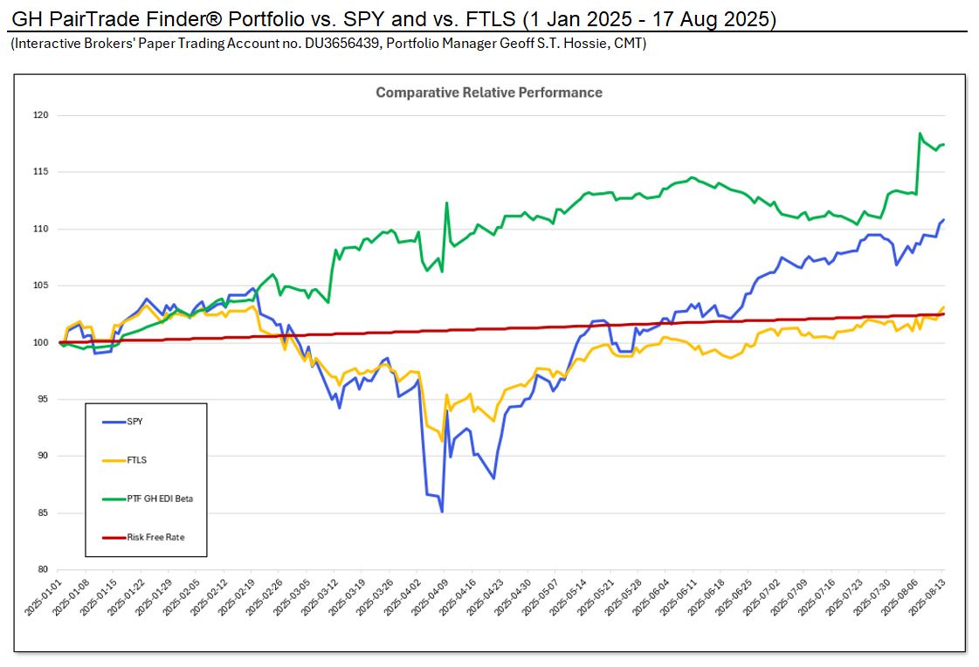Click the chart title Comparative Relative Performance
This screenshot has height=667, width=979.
tap(488, 93)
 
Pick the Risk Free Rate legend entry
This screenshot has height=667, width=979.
tap(155, 538)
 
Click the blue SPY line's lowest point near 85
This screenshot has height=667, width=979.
tap(442, 512)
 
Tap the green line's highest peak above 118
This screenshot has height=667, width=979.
tap(920, 134)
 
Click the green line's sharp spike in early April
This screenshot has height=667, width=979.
tap(446, 203)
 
